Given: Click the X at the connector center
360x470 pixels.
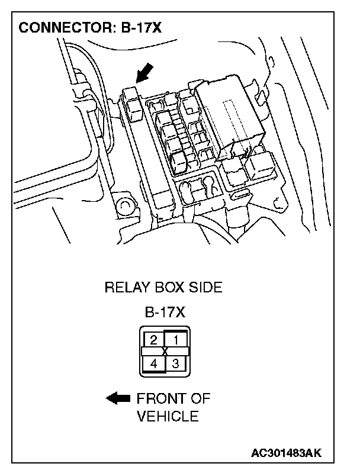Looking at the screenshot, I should click(164, 352).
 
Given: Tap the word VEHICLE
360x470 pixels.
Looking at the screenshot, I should click(168, 416).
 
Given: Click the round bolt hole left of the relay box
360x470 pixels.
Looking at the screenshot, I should click(125, 206).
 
